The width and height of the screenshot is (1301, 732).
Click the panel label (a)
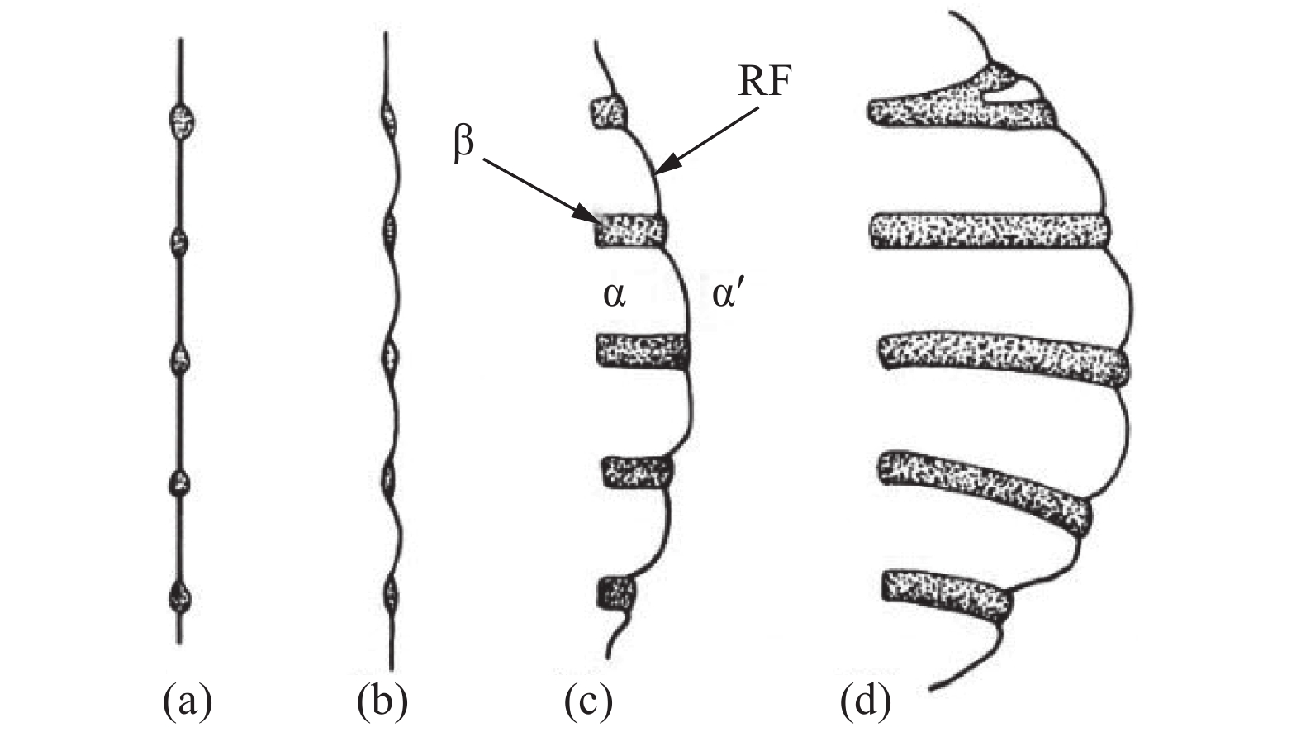[x=188, y=702]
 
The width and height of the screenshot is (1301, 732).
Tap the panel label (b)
[x=382, y=702]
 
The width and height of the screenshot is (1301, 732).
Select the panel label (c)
[x=588, y=702]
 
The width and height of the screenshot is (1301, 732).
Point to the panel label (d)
[x=866, y=702]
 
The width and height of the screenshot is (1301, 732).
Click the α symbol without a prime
[x=614, y=296]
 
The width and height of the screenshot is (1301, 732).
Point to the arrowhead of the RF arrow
[x=663, y=164]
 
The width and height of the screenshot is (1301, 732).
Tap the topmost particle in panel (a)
[x=182, y=121]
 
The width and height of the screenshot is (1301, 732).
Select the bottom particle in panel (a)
[x=180, y=597]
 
